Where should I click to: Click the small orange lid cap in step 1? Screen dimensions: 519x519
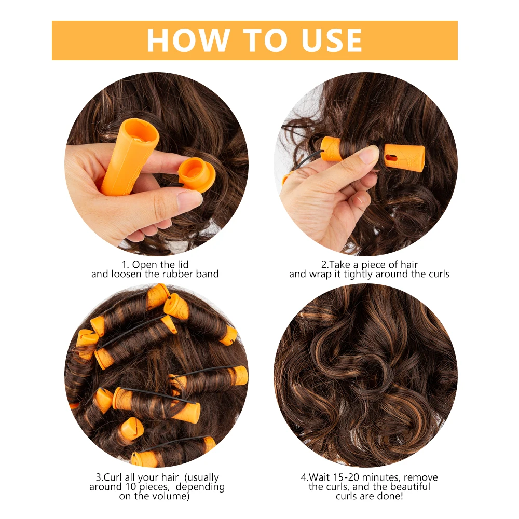pyautogui.click(x=196, y=174)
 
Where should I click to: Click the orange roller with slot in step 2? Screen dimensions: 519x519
pyautogui.click(x=404, y=157)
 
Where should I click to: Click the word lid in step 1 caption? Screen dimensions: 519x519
pyautogui.click(x=181, y=264)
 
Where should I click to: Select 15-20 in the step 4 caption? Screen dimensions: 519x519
pyautogui.click(x=347, y=477)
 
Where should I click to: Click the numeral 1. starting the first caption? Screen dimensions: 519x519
pyautogui.click(x=126, y=264)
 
